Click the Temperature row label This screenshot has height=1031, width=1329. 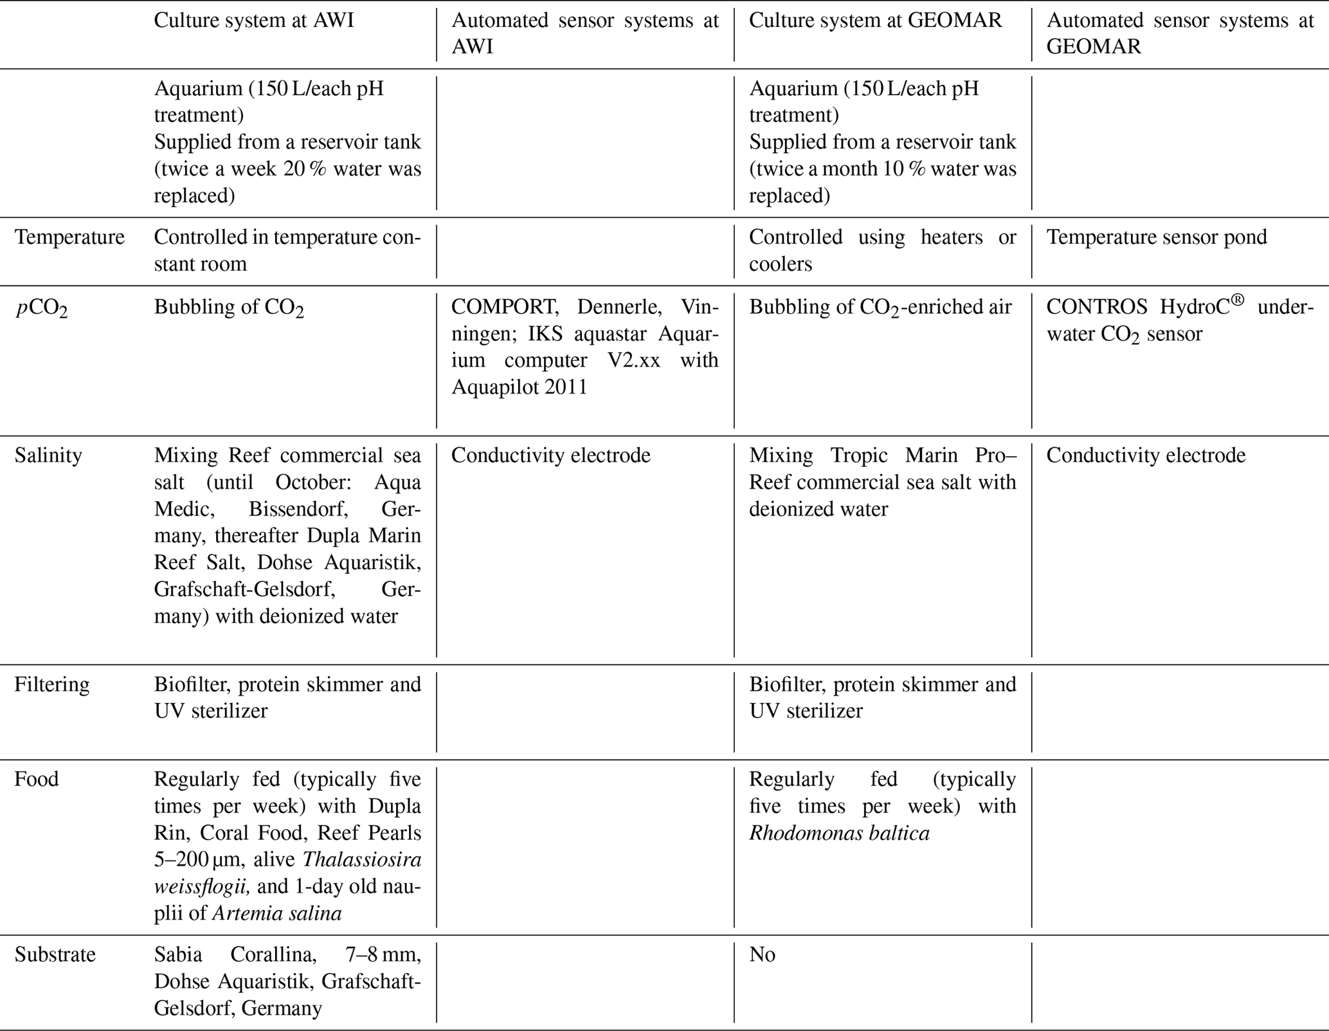coord(69,237)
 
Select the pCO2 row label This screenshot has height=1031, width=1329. coord(41,308)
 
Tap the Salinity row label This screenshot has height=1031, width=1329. coord(48,455)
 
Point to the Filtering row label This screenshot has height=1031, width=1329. coord(52,684)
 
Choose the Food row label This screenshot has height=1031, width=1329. coord(37,780)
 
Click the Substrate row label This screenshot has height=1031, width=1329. coord(55,954)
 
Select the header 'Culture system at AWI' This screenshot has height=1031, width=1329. coord(253,21)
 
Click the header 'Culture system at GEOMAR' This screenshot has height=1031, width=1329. coord(875,21)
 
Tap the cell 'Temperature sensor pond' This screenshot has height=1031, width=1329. coord(1156,237)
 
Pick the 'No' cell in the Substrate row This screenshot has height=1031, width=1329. coord(762,954)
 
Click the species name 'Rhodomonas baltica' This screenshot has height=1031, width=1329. coord(839,834)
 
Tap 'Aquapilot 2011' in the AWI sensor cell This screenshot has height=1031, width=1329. coord(519,388)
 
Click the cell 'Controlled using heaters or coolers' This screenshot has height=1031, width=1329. coord(882,250)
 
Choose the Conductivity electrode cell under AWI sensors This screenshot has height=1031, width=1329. coord(550,455)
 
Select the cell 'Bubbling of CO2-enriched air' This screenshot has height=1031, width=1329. coord(880,308)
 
